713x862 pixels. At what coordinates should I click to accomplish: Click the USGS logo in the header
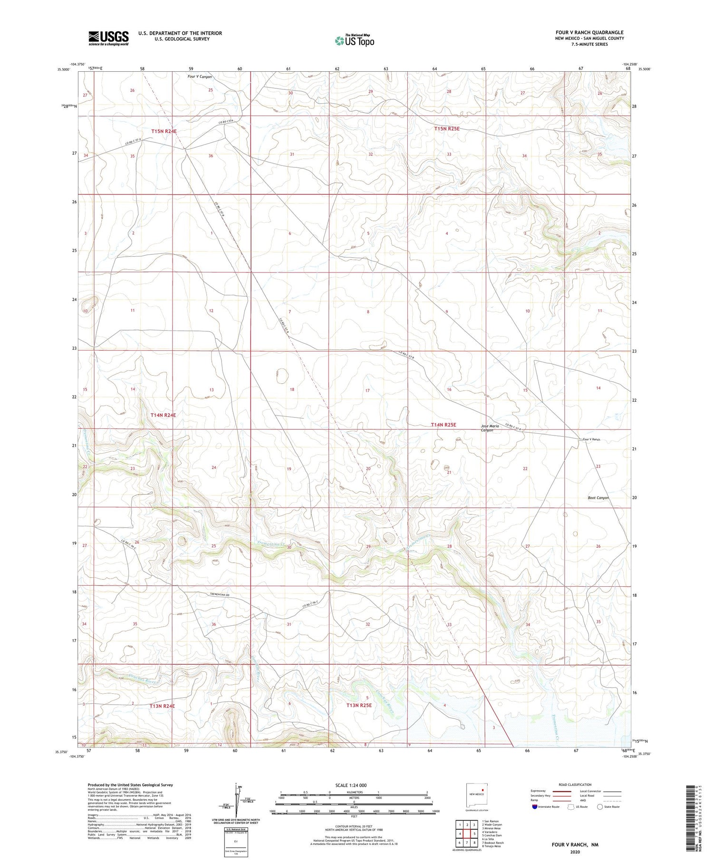[108, 38]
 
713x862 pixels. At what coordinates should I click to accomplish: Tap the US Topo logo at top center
[355, 41]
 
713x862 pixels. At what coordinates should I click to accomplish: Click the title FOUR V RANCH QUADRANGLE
[589, 32]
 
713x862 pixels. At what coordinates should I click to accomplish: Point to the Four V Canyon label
[200, 77]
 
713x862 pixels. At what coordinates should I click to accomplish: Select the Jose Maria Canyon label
[490, 428]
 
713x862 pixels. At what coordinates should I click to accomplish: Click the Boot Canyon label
[598, 498]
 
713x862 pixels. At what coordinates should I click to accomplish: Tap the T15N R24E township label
[164, 131]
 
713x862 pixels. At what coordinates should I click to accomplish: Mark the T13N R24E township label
[163, 706]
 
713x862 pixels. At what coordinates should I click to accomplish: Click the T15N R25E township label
[447, 129]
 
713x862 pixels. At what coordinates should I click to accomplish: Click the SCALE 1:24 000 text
[351, 785]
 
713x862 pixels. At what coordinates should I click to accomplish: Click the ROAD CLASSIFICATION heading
[575, 785]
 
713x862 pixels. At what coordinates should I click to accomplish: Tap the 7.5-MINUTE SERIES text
[589, 44]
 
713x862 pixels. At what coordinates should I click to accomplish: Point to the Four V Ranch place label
[591, 440]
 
